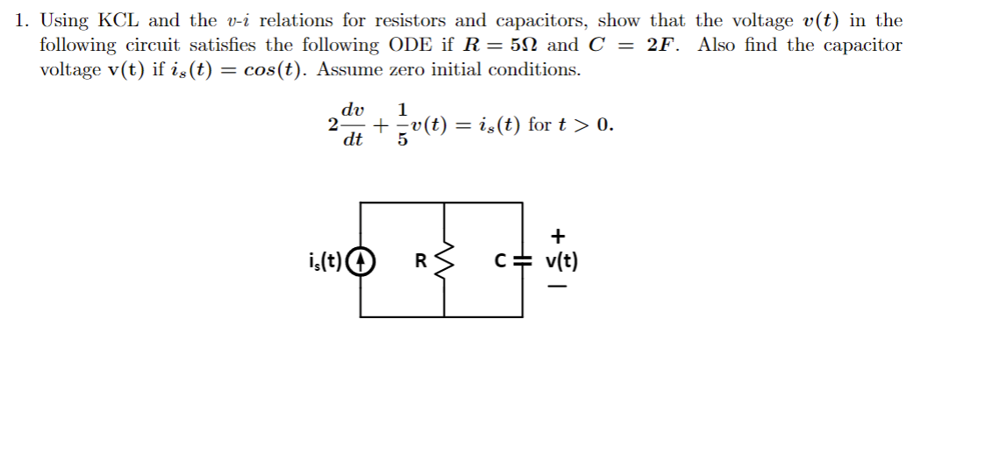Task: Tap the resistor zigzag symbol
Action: pyautogui.click(x=446, y=260)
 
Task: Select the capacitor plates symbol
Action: pyautogui.click(x=523, y=260)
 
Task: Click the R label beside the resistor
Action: pyautogui.click(x=420, y=260)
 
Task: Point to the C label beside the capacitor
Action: pyautogui.click(x=501, y=260)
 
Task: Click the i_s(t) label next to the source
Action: pyautogui.click(x=325, y=260)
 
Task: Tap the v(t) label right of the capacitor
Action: pyautogui.click(x=561, y=260)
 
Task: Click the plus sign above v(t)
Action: pyautogui.click(x=559, y=236)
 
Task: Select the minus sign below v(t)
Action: pyautogui.click(x=559, y=286)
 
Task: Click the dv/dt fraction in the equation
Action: pyautogui.click(x=353, y=124)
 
